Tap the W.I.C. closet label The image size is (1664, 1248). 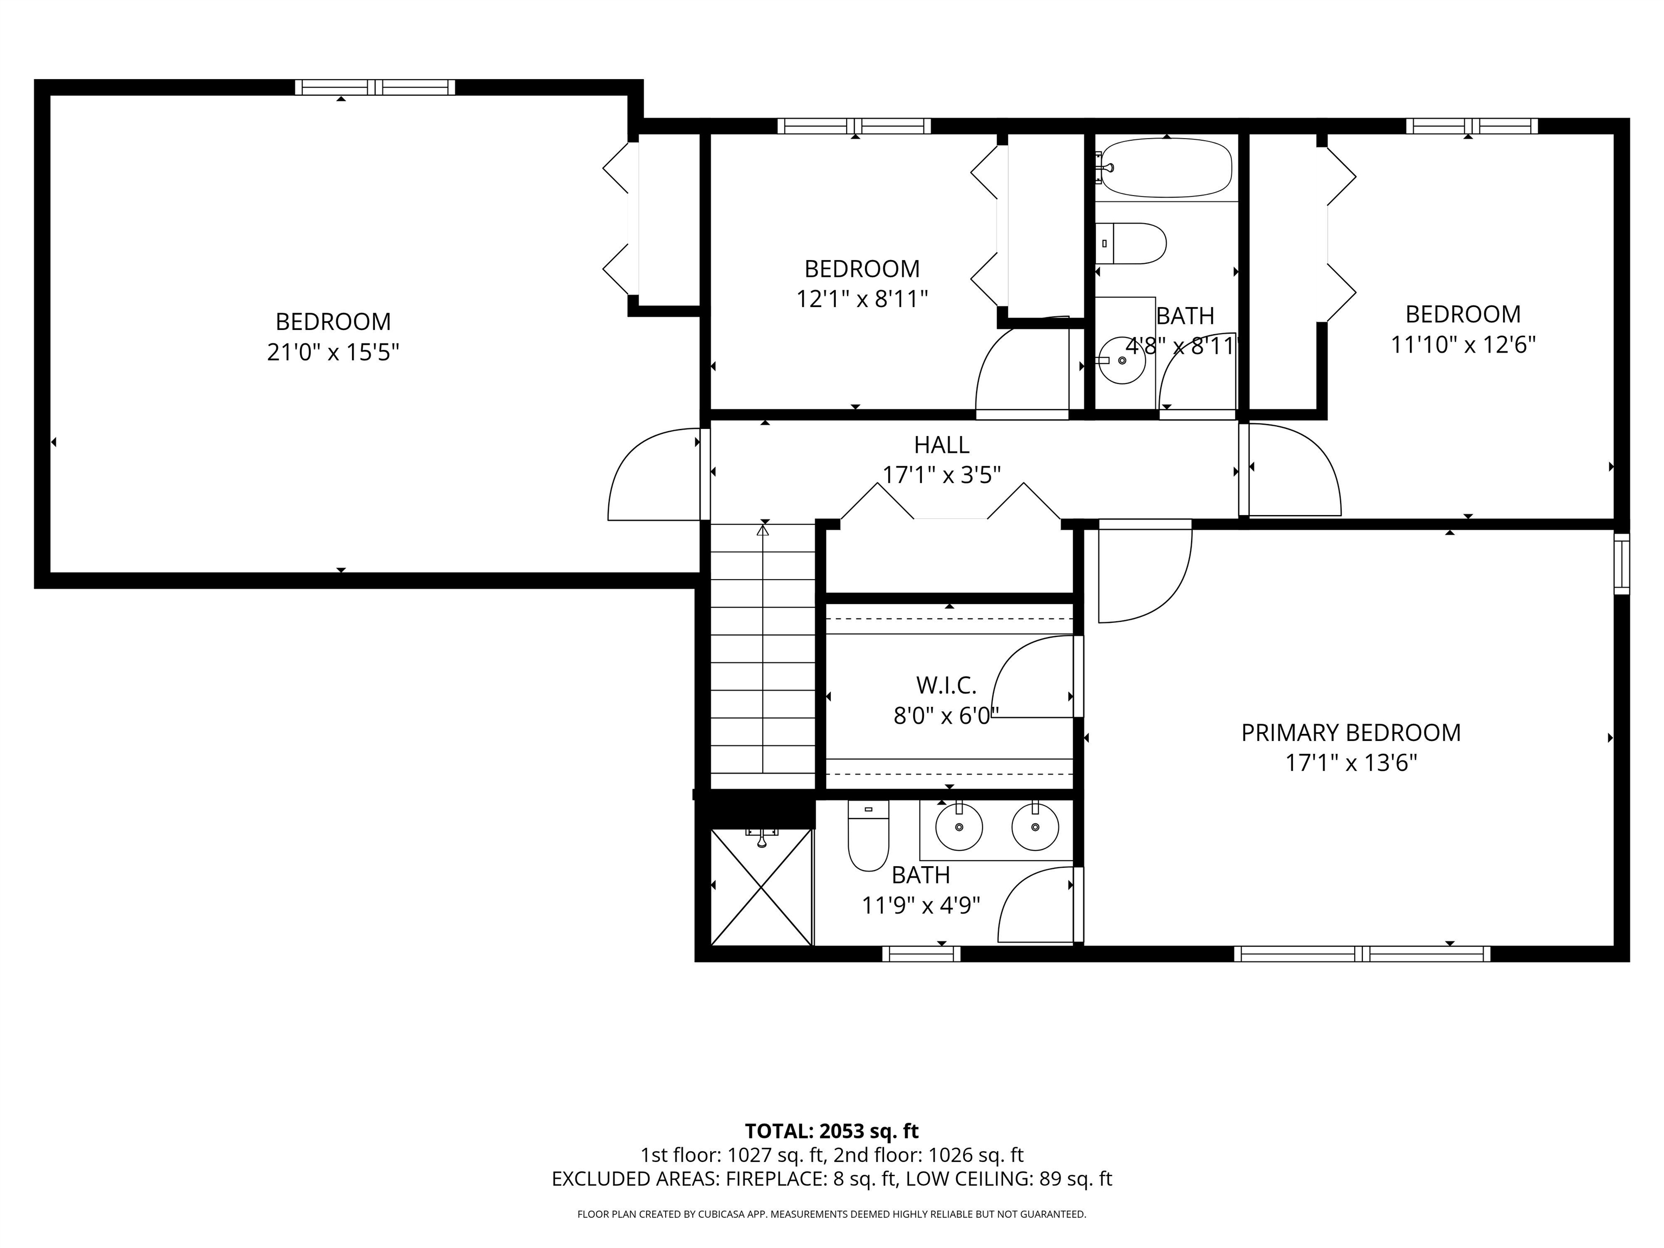click(946, 685)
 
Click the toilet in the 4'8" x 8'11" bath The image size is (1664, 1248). click(1130, 243)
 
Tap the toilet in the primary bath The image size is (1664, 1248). click(868, 835)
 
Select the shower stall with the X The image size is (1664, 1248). click(761, 886)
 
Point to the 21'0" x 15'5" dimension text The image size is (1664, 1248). click(333, 352)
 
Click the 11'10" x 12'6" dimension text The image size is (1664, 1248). click(1462, 344)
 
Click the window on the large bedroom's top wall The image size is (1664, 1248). click(375, 87)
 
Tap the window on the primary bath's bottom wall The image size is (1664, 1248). click(921, 954)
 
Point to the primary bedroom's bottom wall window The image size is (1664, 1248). click(1362, 954)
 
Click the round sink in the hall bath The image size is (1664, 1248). click(1122, 360)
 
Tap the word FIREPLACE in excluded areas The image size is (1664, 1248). click(774, 1179)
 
